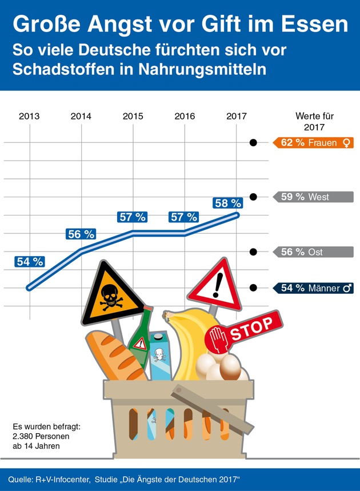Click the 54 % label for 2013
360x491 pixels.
pyautogui.click(x=30, y=261)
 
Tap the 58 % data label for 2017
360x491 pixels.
pyautogui.click(x=227, y=203)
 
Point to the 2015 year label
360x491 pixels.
pyautogui.click(x=133, y=116)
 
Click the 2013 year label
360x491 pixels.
pyautogui.click(x=29, y=116)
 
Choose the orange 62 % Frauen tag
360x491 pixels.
pyautogui.click(x=313, y=143)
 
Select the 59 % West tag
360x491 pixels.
pyautogui.click(x=313, y=197)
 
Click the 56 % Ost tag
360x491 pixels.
pyautogui.click(x=313, y=252)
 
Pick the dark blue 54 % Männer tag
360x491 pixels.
pyautogui.click(x=313, y=289)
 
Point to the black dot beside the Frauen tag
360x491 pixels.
pyautogui.click(x=253, y=143)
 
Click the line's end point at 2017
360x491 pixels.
pyautogui.click(x=237, y=215)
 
